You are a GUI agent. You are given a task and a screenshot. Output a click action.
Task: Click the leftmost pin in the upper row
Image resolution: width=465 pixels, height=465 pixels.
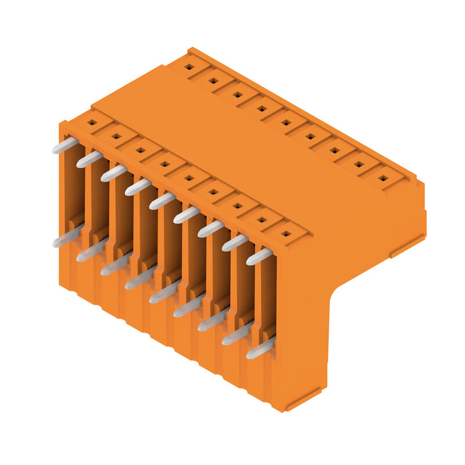pos(65,145)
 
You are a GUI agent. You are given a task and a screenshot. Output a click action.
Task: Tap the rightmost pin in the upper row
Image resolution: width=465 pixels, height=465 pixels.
pos(259,256)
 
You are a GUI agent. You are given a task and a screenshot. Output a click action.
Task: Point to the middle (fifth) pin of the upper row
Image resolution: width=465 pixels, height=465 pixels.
pos(162,201)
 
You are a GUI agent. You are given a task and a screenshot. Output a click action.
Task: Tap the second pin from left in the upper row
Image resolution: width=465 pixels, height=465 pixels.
pos(89,159)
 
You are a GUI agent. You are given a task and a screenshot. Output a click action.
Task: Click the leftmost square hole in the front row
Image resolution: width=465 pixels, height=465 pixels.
pos(91,123)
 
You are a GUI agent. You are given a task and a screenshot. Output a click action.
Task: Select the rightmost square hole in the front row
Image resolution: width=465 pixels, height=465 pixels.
pos(285,234)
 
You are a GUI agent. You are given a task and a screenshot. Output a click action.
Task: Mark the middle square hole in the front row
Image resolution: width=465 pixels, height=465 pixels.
pos(188,178)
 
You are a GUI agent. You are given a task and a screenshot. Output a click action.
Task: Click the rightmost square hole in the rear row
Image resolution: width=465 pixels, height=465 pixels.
pos(383,178)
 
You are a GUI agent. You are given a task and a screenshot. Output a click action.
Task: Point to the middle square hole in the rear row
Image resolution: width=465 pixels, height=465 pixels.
pos(286,122)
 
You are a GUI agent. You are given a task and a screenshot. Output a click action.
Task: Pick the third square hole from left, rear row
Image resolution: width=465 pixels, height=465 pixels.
pos(237,94)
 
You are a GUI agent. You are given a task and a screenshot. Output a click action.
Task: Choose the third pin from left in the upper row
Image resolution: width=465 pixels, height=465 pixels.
pos(113,173)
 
